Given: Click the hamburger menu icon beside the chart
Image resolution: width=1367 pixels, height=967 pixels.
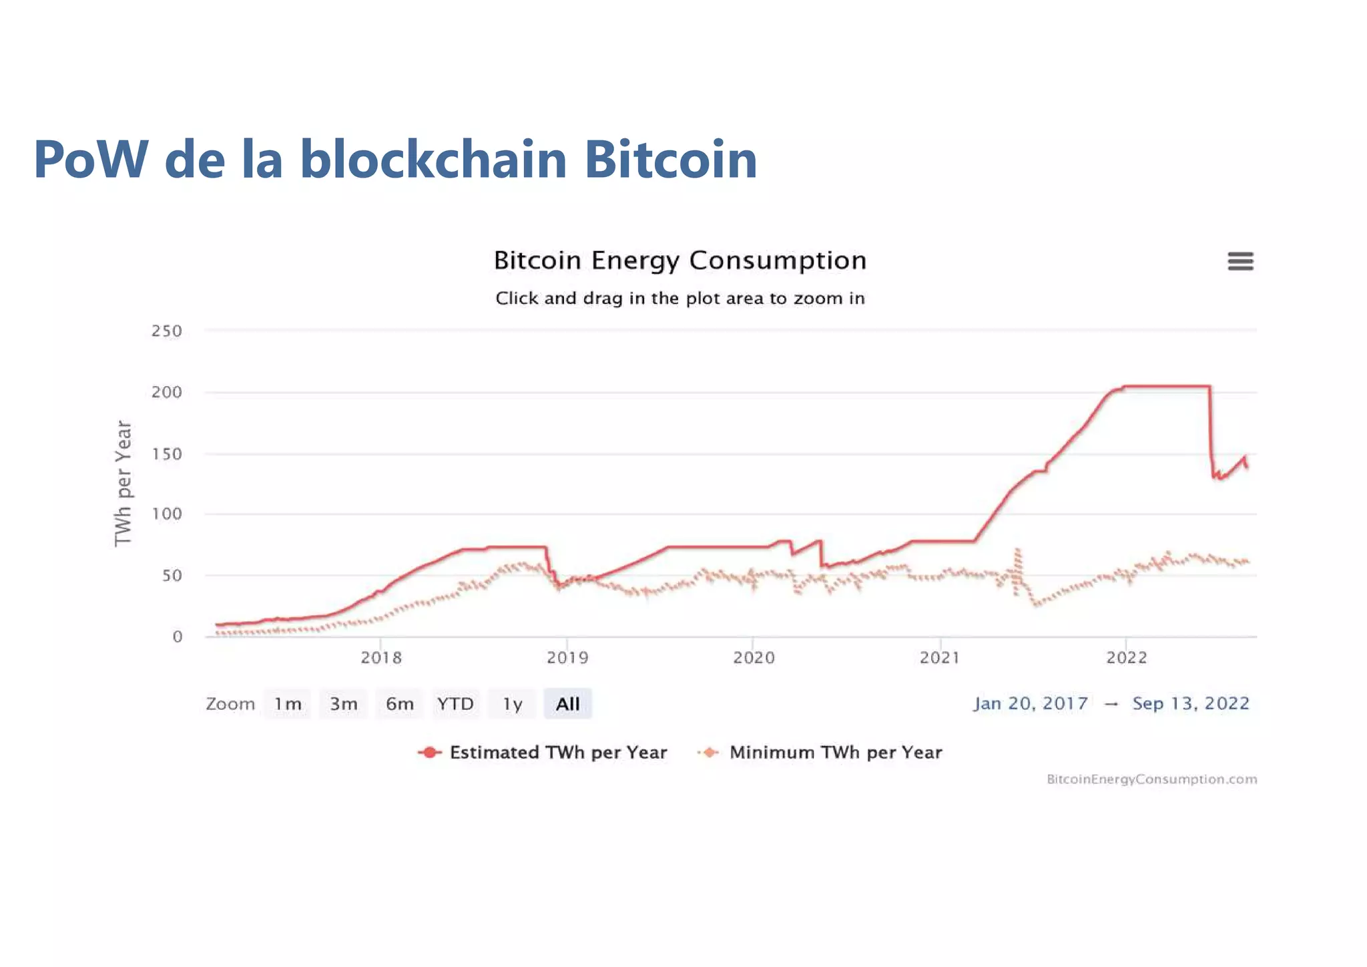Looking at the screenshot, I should [x=1240, y=261].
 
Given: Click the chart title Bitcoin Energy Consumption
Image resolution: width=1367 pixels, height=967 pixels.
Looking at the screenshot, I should [x=679, y=260].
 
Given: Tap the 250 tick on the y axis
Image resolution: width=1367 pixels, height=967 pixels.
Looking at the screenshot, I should [x=166, y=331].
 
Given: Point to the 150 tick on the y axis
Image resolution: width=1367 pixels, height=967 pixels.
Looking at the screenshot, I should [x=166, y=454].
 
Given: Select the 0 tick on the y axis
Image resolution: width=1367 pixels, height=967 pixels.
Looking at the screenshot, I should [x=177, y=637].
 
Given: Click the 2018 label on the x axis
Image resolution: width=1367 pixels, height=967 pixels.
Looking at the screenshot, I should [x=381, y=658].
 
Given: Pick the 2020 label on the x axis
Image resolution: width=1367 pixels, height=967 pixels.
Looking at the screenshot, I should [x=754, y=658].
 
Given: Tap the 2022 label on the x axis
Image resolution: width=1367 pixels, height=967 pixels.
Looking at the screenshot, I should [x=1127, y=658].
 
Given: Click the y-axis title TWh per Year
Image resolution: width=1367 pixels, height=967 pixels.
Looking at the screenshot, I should [x=123, y=483].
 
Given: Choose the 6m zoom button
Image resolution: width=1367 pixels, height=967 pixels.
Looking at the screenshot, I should [x=399, y=704].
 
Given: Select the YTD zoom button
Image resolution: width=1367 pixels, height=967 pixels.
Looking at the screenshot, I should [x=455, y=704].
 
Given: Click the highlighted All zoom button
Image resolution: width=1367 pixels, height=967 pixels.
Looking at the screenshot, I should [x=567, y=704].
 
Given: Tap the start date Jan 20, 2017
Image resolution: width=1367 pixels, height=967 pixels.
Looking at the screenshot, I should [x=1031, y=703].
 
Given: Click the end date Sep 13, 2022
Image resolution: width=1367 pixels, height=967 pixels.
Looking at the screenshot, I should [x=1190, y=703].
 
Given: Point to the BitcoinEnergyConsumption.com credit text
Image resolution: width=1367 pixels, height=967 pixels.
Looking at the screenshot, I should [x=1151, y=779].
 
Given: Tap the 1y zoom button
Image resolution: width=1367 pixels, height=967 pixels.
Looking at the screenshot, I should [x=512, y=704].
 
